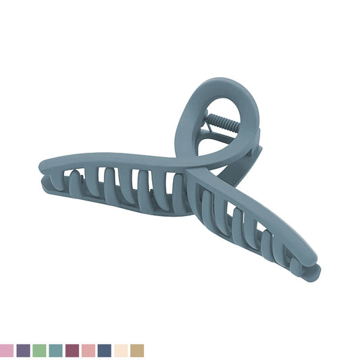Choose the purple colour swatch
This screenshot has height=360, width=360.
pos(23,351)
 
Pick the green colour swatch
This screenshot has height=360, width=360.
pos(39,351)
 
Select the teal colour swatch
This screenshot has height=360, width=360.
pos(55,351)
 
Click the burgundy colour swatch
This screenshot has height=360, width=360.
pos(72,351)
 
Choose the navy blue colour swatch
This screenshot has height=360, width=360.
pos(104,351)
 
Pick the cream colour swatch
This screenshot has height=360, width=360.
pos(120,351)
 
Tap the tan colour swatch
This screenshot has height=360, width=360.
pos(137,351)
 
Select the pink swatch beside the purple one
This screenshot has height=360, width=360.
pos(7,351)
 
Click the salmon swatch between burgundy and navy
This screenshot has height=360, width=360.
pos(88,351)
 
